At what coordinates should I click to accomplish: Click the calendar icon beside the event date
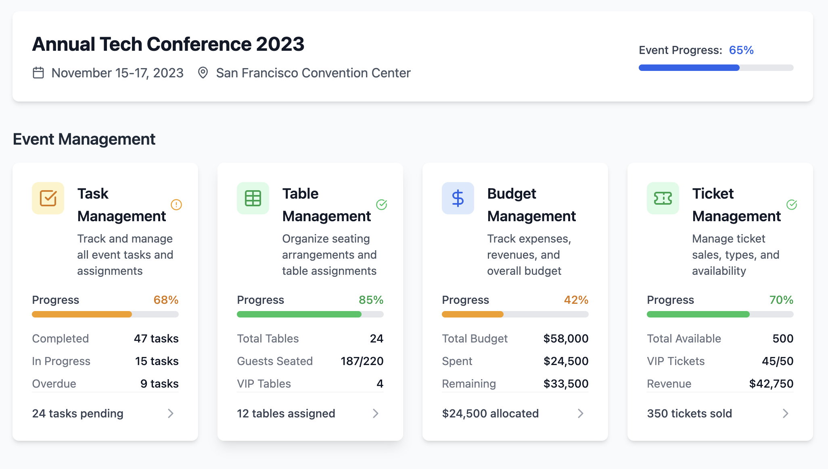[x=38, y=73]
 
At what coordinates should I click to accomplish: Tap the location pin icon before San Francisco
[x=203, y=73]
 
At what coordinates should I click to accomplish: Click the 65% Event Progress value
[x=741, y=50]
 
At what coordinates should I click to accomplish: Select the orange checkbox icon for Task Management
[x=48, y=198]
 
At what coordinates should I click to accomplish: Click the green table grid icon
[x=253, y=198]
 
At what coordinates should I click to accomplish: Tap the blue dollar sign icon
[x=458, y=198]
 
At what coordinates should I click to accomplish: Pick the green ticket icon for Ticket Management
[x=663, y=198]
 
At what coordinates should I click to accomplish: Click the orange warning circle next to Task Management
[x=176, y=205]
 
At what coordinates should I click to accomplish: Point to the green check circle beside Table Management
[x=381, y=205]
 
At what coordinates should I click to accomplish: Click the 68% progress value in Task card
[x=166, y=300]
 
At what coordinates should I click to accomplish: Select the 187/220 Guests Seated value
[x=362, y=361]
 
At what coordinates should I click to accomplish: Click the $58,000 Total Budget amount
[x=566, y=338]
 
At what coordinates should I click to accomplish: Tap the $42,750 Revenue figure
[x=771, y=384]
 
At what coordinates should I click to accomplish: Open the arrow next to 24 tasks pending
[x=171, y=413]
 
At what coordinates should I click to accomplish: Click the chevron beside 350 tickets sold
[x=785, y=413]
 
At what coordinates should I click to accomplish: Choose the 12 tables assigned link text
[x=286, y=413]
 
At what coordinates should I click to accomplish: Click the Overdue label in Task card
[x=54, y=384]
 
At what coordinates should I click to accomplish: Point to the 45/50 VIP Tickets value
[x=777, y=361]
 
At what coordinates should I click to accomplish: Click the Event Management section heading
[x=84, y=139]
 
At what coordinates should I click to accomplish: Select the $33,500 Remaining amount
[x=566, y=384]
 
